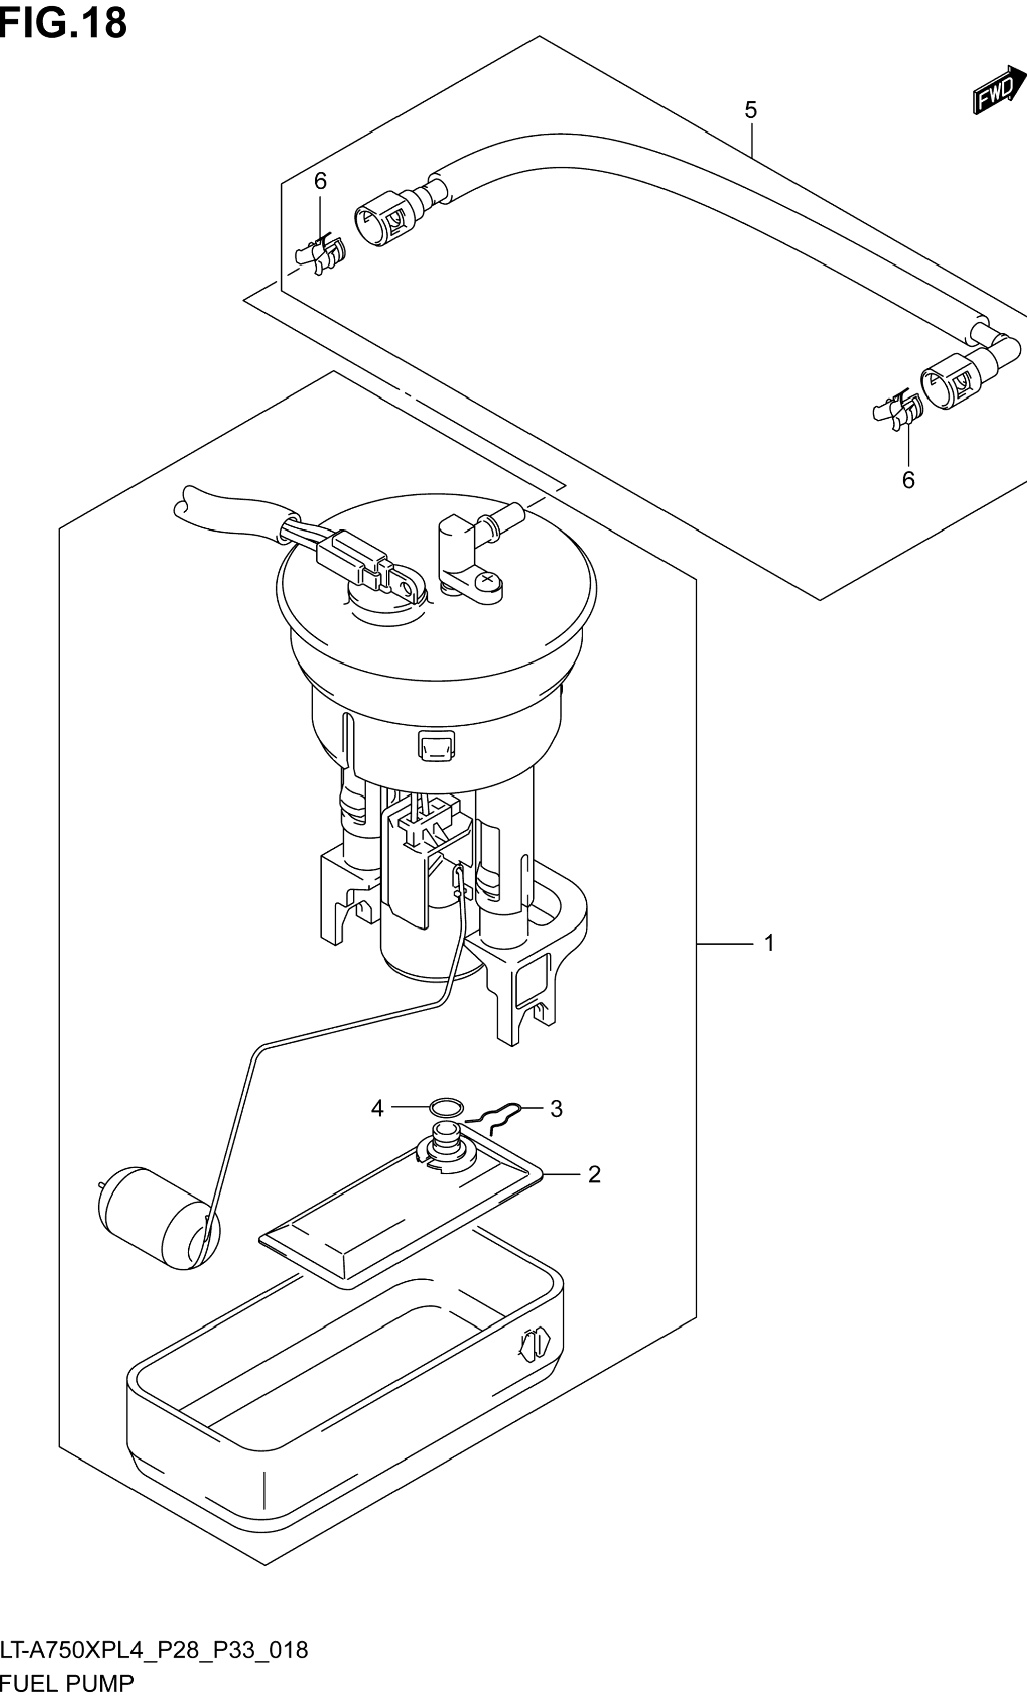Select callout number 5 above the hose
tap(751, 110)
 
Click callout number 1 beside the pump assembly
tap(769, 942)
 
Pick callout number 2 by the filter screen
tap(594, 1174)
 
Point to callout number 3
tap(556, 1109)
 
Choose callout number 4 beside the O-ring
tap(377, 1109)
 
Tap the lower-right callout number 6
tap(908, 480)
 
